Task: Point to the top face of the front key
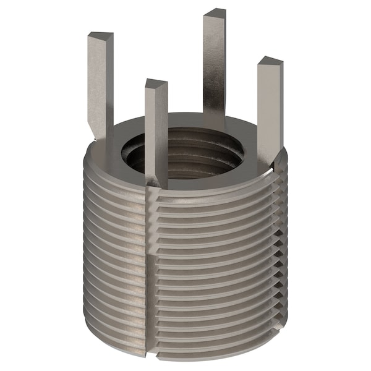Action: [x=156, y=85]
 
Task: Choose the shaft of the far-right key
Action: [x=268, y=111]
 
